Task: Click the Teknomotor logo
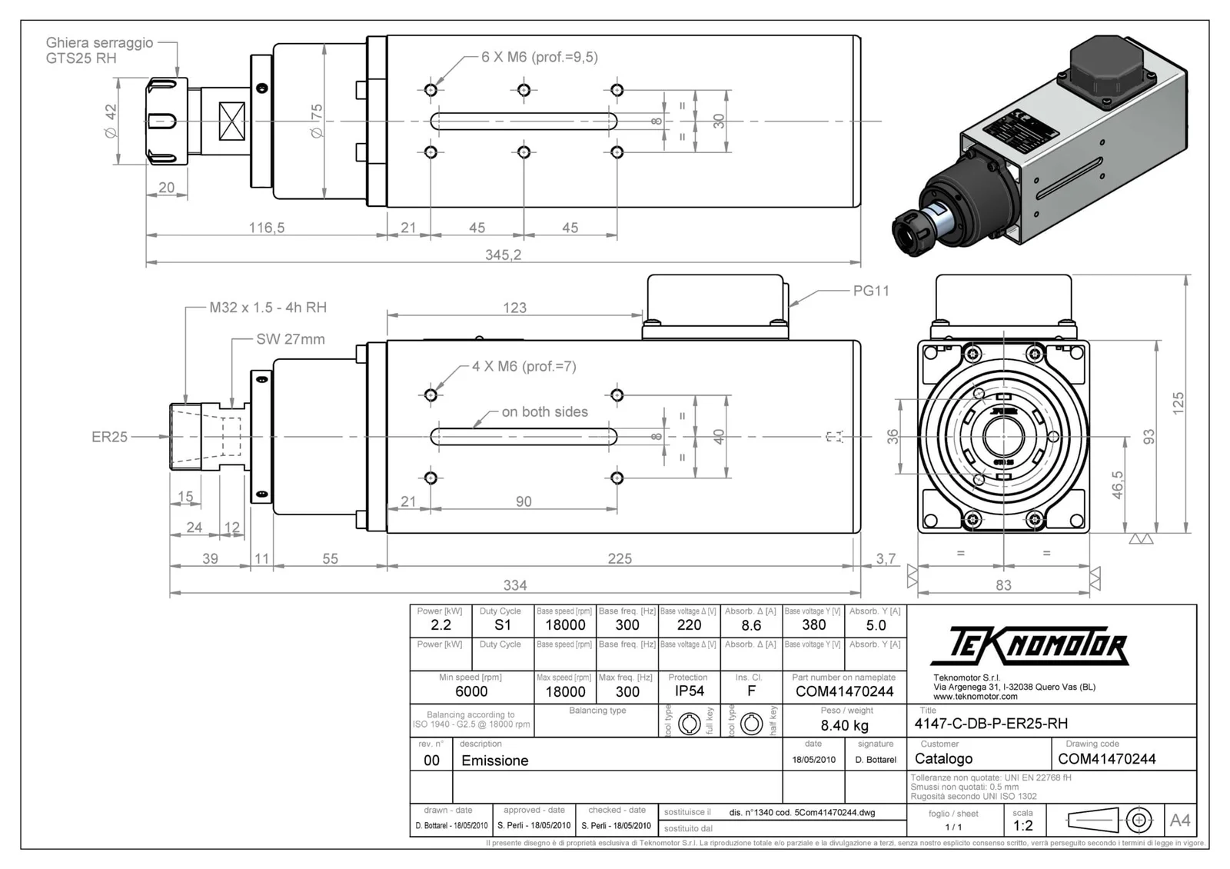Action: [x=1029, y=646]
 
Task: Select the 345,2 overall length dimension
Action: [x=503, y=255]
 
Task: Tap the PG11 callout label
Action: [x=871, y=291]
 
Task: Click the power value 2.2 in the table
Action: [x=440, y=625]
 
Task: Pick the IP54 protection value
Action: [x=689, y=691]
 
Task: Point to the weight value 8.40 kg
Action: [x=844, y=725]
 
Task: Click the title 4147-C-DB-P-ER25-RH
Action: [x=991, y=724]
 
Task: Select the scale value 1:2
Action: [x=1022, y=826]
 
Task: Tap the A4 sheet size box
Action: [x=1179, y=821]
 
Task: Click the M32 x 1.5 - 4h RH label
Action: [x=268, y=308]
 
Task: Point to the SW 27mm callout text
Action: [x=290, y=339]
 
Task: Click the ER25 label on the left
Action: [x=109, y=437]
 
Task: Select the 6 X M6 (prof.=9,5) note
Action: [x=539, y=57]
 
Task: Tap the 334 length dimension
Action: [x=514, y=585]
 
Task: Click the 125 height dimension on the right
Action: [x=1178, y=403]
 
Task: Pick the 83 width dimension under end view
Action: [x=1003, y=585]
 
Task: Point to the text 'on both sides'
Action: [x=544, y=412]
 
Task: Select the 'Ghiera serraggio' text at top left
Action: [x=99, y=43]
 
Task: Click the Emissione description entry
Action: [x=494, y=761]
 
